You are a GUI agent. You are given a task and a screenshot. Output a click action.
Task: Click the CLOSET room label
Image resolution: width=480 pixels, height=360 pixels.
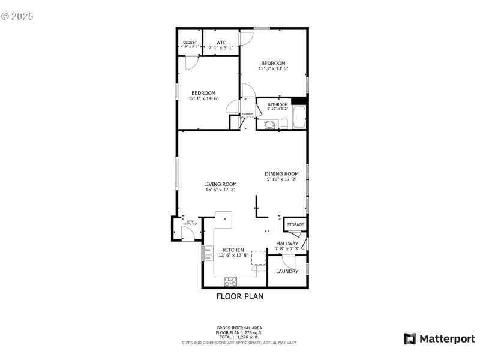(190, 43)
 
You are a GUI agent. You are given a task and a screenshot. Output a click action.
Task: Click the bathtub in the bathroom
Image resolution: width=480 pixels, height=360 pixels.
(299, 118)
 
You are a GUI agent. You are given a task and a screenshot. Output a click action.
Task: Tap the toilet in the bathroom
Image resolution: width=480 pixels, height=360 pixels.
(270, 125)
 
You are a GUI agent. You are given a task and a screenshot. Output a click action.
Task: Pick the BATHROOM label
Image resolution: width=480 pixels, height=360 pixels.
(278, 104)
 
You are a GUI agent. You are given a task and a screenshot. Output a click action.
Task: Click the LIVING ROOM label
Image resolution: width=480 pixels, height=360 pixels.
(220, 184)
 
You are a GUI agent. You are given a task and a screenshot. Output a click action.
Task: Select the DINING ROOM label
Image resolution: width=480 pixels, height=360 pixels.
(282, 174)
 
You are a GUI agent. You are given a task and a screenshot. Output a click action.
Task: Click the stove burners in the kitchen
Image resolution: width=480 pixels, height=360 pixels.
(230, 281)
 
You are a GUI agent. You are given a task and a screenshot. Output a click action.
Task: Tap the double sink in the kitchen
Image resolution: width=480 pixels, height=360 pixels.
(208, 254)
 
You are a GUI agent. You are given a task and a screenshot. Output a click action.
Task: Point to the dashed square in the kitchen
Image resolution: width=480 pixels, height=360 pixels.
(259, 257)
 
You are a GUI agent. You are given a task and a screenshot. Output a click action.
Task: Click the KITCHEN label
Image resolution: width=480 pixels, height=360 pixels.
(233, 250)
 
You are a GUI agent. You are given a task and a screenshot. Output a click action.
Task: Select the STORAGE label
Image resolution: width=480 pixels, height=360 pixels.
(295, 225)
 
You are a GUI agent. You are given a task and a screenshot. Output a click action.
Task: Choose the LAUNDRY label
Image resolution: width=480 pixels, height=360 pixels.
(287, 271)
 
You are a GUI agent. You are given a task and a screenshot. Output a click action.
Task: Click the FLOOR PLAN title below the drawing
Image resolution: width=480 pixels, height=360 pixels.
(239, 296)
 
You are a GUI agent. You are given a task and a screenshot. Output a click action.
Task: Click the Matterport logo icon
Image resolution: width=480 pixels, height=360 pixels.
(410, 339)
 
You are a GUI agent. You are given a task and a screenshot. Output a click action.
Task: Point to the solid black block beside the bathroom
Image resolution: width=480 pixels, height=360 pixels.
(299, 100)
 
